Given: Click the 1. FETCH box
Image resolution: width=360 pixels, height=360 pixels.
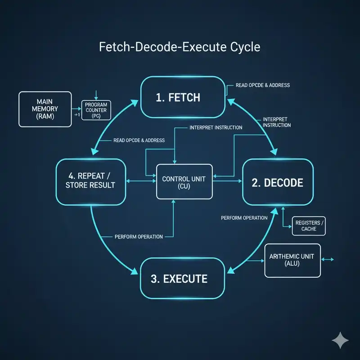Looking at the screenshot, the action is [x=183, y=97].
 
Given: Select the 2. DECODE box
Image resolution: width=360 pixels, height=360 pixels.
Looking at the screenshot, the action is [x=278, y=182].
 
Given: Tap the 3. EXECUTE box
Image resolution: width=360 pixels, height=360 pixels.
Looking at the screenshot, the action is [x=183, y=278].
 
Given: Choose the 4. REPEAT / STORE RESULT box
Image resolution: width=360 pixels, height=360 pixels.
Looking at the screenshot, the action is [x=91, y=182].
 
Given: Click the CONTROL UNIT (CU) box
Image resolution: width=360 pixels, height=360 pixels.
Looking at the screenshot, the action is [x=184, y=182].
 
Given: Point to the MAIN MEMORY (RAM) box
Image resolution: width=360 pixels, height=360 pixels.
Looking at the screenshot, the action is [x=45, y=109].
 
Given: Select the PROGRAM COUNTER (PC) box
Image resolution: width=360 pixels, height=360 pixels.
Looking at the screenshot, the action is [x=96, y=110].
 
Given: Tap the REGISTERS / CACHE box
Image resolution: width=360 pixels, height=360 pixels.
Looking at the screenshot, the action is [x=309, y=226].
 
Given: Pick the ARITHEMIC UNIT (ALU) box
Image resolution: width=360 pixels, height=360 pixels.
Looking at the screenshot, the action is [x=292, y=261].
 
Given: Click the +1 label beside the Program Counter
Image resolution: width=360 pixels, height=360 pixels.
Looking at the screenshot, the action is [x=77, y=115].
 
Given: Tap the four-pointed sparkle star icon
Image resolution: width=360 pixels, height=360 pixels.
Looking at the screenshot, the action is [x=340, y=340].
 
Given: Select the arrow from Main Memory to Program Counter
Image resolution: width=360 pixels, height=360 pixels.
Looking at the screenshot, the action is [x=76, y=108].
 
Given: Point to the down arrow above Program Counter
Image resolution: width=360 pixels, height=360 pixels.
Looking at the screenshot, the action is [x=96, y=95].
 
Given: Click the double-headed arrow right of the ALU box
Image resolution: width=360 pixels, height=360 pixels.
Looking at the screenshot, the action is [x=328, y=260].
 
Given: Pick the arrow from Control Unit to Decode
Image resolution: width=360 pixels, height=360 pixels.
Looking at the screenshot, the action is [x=227, y=181].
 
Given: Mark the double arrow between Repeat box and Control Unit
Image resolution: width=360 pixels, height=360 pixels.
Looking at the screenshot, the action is [x=141, y=181].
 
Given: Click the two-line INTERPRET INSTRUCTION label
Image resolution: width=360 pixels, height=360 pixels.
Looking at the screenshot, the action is [x=277, y=122].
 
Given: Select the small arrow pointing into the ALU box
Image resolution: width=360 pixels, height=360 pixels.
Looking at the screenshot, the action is [x=255, y=261].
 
